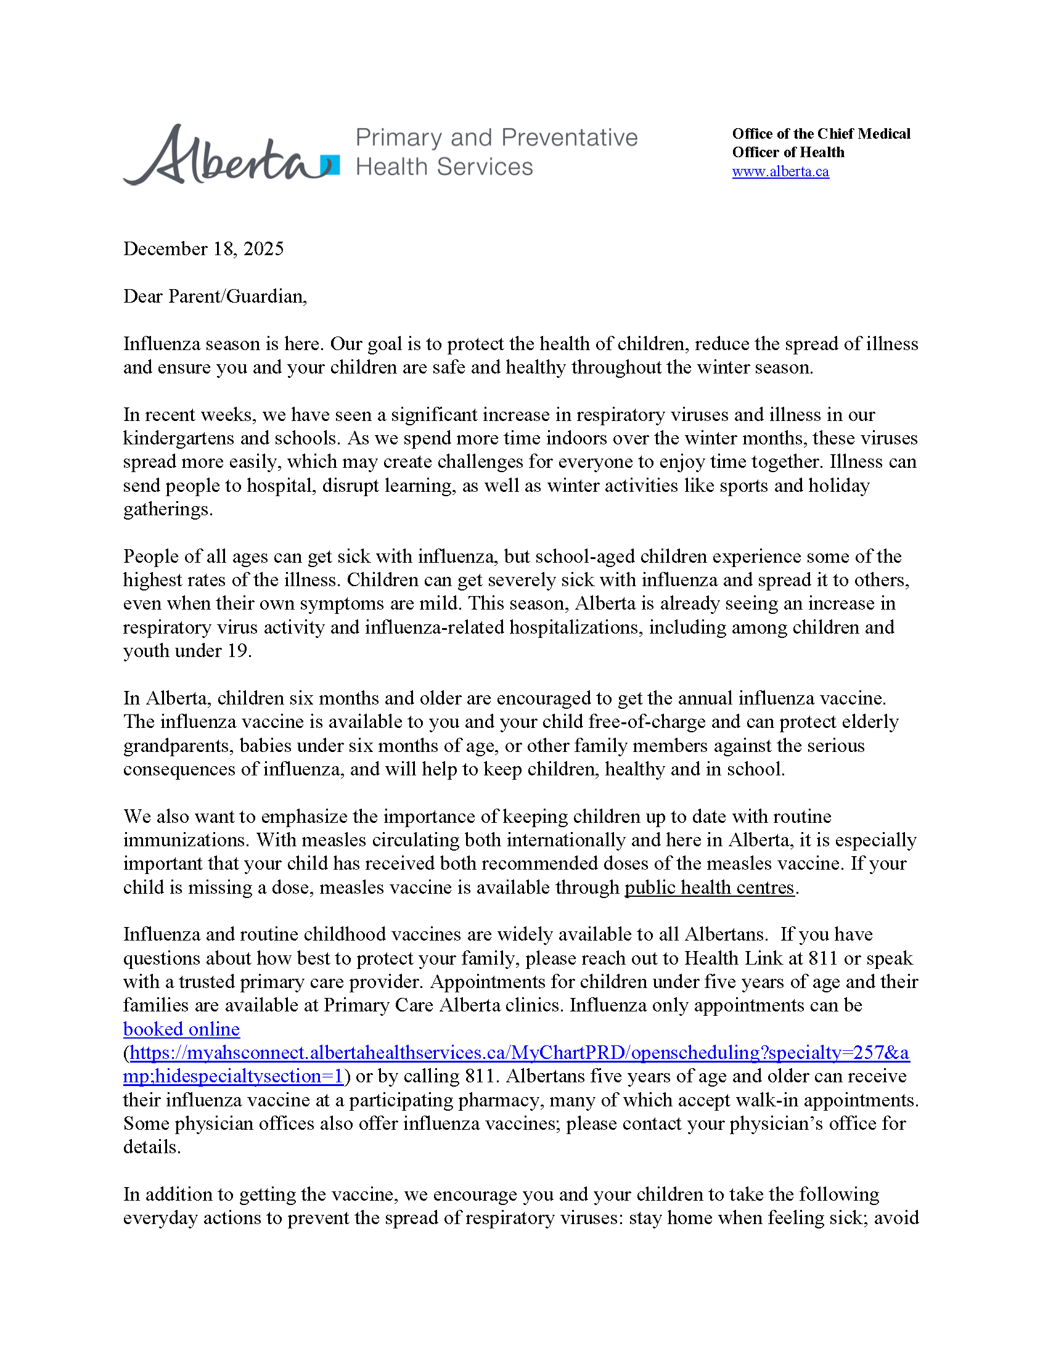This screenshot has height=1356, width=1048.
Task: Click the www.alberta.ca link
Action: [x=780, y=172]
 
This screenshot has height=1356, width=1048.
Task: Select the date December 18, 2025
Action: [x=203, y=249]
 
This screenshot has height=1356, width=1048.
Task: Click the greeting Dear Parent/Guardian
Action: [x=215, y=296]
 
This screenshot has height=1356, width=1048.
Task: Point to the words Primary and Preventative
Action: [x=496, y=138]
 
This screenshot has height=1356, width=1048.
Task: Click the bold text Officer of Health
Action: [x=788, y=153]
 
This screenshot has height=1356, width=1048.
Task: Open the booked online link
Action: [x=181, y=1029]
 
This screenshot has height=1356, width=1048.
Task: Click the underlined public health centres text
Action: [x=709, y=888]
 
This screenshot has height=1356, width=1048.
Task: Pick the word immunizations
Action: [x=186, y=840]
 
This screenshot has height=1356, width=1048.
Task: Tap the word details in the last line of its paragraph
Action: [x=151, y=1148]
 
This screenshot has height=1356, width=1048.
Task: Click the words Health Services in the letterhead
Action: [x=444, y=167]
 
